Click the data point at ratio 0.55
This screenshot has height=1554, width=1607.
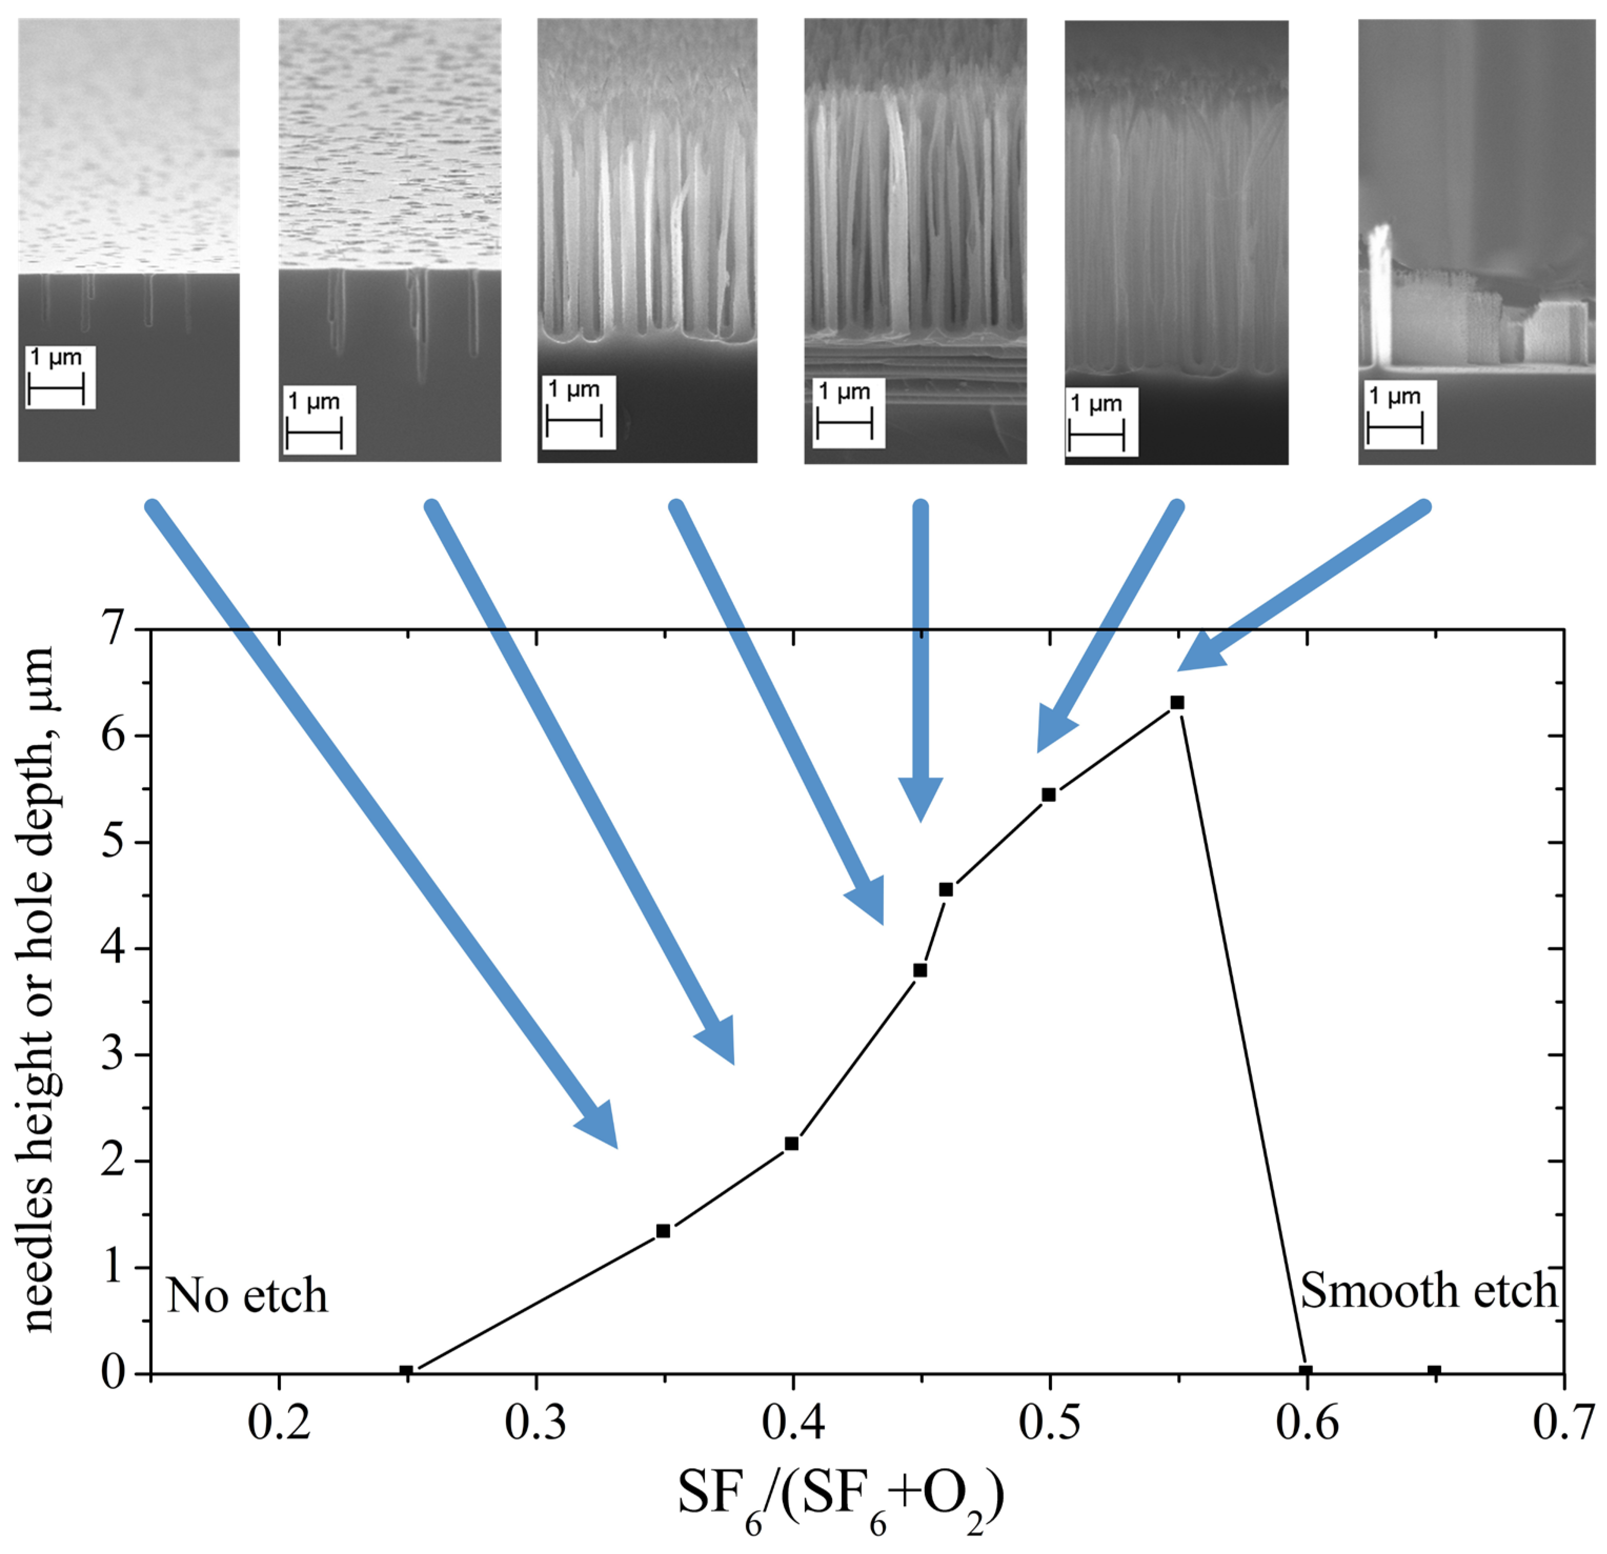1177,703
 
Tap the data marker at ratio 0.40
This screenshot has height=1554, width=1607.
791,1143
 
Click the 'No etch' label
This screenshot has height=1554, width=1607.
247,1296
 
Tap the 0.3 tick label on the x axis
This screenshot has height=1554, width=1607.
535,1423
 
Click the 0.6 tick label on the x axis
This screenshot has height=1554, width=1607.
1306,1423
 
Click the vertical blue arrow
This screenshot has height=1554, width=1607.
921,656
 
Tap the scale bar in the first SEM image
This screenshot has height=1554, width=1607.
56,389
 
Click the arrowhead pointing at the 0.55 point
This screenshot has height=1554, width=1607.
1200,652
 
